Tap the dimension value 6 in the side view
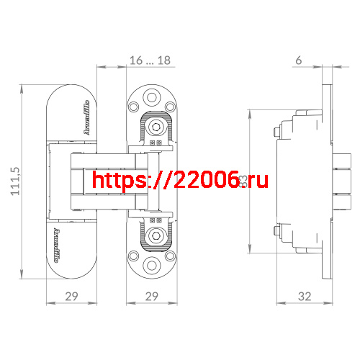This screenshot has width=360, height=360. point(298,61)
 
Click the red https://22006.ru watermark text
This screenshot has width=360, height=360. point(180,180)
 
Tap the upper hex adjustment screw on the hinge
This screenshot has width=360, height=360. point(156,127)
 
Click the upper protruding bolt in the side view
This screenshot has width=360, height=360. point(276,132)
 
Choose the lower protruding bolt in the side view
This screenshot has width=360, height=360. point(276,230)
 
